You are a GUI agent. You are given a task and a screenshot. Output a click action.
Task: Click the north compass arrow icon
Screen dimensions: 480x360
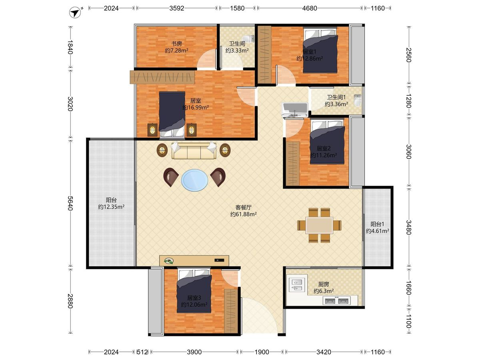(x=75, y=13)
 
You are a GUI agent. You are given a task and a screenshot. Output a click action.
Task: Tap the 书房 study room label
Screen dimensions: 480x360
(x=176, y=44)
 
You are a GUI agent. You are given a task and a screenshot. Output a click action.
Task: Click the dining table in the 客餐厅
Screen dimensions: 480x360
(x=319, y=225)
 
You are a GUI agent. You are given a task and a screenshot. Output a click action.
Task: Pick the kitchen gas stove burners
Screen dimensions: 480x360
(x=336, y=301)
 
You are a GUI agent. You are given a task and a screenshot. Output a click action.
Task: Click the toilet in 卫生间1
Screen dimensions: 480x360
(x=357, y=100)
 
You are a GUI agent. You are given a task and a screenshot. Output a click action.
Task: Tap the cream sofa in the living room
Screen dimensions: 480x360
(x=194, y=151)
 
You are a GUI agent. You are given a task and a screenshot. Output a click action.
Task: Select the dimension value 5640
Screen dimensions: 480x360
(x=70, y=203)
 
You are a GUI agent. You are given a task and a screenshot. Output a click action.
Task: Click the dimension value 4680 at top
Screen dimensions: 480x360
(x=310, y=8)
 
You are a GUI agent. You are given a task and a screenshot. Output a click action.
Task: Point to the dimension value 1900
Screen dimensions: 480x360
(x=262, y=352)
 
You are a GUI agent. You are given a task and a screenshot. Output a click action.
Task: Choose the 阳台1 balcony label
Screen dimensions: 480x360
(x=378, y=224)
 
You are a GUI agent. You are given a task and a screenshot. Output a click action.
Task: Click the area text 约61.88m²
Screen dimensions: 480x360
(x=243, y=214)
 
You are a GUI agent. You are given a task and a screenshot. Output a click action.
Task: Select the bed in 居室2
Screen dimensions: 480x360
(x=327, y=142)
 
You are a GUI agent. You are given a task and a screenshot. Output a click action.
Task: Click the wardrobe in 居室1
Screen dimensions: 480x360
(x=265, y=55)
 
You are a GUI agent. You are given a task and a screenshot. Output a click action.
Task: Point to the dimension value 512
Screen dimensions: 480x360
(x=142, y=352)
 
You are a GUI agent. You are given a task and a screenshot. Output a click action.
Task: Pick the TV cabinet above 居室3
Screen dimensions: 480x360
(x=194, y=260)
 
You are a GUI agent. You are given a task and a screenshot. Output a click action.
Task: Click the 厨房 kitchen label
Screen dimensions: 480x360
(x=324, y=284)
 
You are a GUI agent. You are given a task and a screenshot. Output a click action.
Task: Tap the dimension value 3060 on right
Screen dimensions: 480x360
(x=409, y=152)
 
